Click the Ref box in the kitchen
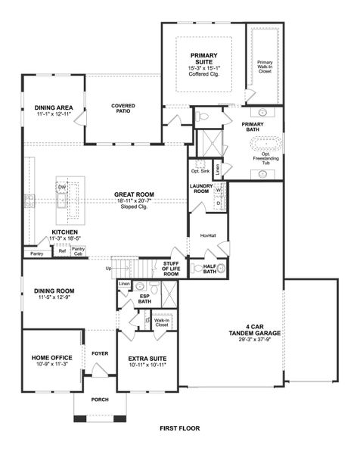tap(62, 251)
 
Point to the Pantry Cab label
tap(79, 251)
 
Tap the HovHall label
tap(207, 235)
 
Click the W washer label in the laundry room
tap(219, 191)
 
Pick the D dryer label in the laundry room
tap(219, 202)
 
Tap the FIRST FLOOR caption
tap(180, 428)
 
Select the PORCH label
tap(100, 400)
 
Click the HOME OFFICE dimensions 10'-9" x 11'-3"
tap(51, 364)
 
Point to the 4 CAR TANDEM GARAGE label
tap(231, 331)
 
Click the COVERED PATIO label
tap(123, 108)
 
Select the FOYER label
tap(100, 352)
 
